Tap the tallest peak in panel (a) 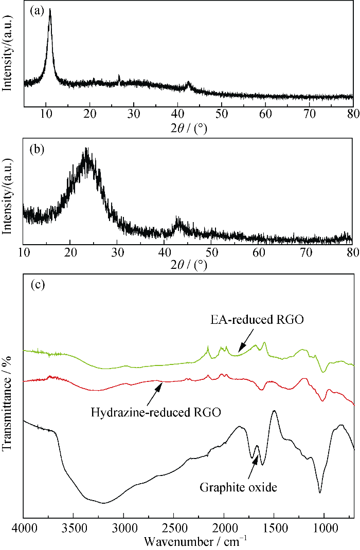point(50,10)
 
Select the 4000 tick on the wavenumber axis point(24,529)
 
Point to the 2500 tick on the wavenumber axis point(173,529)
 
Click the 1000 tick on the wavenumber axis point(324,529)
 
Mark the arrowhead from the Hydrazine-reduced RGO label point(160,383)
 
